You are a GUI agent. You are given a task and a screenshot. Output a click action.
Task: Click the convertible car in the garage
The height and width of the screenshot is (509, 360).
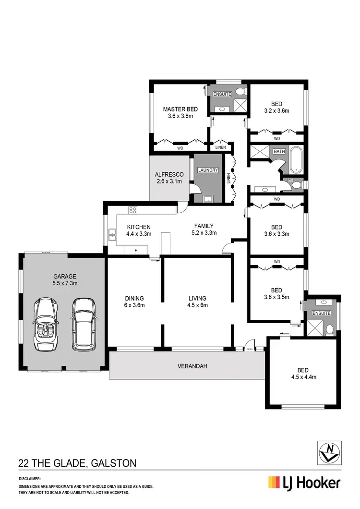click(x=47, y=325)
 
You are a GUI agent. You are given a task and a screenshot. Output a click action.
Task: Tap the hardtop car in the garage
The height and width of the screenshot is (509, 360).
click(x=83, y=324)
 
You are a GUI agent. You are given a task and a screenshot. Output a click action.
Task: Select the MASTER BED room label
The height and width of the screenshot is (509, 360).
click(x=180, y=109)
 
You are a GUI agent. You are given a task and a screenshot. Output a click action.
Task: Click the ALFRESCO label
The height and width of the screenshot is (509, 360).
click(x=167, y=174)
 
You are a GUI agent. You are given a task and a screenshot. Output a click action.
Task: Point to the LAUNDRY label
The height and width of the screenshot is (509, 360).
click(x=208, y=170)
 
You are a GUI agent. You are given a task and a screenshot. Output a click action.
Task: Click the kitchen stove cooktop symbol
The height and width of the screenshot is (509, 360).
click(x=132, y=210)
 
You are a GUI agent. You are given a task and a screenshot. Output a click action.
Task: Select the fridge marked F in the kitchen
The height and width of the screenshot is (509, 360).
click(x=136, y=251)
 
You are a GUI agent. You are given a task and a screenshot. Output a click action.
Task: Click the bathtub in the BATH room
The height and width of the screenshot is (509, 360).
click(x=295, y=160)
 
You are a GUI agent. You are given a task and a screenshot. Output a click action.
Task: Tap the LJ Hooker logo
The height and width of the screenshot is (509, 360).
click(x=304, y=482)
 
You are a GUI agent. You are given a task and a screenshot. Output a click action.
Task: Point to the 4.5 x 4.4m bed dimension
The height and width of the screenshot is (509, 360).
click(x=303, y=377)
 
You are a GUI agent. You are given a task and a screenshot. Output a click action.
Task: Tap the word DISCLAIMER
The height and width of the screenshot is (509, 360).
click(x=30, y=479)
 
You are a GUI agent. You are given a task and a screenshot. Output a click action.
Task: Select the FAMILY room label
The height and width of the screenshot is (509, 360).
click(x=204, y=226)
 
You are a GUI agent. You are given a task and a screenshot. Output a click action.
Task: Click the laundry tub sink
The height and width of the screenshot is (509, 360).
click(x=208, y=198)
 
